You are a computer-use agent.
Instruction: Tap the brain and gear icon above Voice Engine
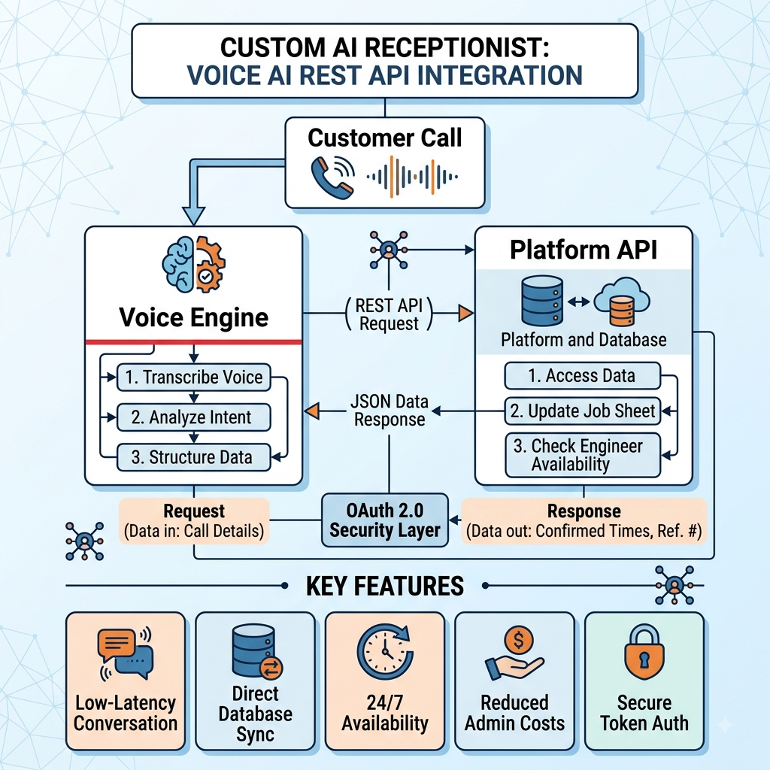(193, 265)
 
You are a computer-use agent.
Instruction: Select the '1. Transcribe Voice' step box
(193, 377)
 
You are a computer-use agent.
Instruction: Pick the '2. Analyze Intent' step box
(193, 417)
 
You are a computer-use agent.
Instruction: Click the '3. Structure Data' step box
(193, 458)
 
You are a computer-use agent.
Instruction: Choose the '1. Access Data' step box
(583, 376)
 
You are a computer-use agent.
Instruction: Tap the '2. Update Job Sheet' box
(583, 411)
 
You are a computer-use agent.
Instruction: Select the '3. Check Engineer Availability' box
(583, 455)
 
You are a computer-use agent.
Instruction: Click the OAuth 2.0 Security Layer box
(385, 520)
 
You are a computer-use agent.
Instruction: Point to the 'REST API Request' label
(389, 314)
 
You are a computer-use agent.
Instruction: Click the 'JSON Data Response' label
(390, 411)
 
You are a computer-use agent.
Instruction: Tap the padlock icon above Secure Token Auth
(644, 652)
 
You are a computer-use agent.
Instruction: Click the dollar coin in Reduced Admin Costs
(519, 640)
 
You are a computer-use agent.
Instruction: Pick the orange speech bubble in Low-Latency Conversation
(117, 644)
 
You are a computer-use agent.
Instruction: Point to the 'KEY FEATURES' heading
(385, 586)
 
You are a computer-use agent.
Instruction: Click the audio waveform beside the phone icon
(413, 177)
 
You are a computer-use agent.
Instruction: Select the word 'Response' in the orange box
(584, 511)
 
